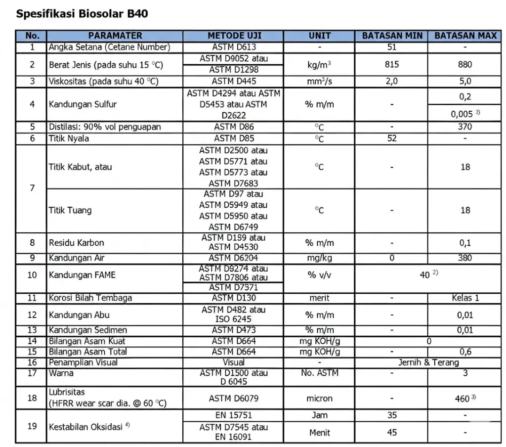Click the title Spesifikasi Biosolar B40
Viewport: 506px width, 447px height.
point(82,13)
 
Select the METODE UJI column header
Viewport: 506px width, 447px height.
point(234,36)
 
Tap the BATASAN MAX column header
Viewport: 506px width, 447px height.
point(465,36)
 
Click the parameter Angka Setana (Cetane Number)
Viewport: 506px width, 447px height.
point(109,47)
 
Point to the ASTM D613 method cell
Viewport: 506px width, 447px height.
point(234,47)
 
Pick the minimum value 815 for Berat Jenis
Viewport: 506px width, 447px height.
point(391,64)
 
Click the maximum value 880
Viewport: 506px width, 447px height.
point(465,64)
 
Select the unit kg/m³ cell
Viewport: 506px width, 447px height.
point(319,64)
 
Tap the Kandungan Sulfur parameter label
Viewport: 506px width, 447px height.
point(83,104)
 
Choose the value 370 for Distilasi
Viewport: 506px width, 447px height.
point(465,127)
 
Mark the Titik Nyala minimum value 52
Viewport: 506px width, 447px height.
point(391,138)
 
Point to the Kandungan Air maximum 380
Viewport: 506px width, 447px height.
point(465,258)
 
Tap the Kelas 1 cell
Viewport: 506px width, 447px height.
point(465,298)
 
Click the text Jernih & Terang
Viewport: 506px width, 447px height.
point(428,362)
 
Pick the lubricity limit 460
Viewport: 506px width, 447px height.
point(463,398)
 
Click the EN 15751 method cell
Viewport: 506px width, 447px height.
point(234,415)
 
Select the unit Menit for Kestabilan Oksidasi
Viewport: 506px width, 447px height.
point(319,432)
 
